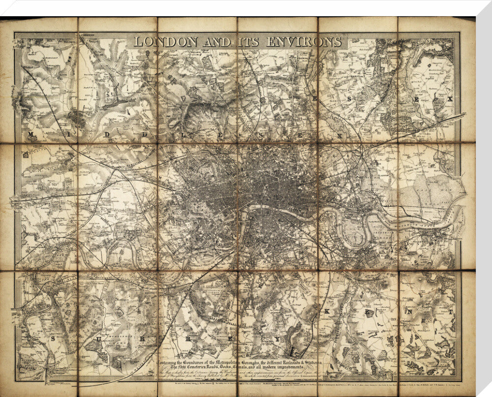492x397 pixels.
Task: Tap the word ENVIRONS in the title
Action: click(304, 42)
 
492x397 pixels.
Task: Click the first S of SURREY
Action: click(53, 338)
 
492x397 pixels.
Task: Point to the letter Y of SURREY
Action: click(277, 339)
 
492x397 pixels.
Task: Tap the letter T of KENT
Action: click(449, 311)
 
